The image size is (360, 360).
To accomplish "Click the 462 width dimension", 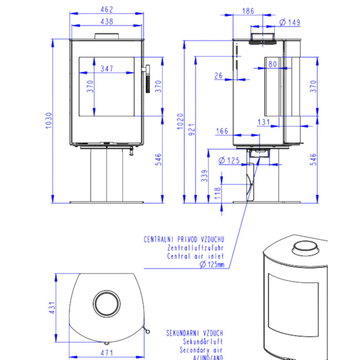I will click(x=106, y=10).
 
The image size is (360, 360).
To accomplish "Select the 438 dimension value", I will click(x=106, y=21).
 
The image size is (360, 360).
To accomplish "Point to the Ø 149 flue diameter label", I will click(x=290, y=22).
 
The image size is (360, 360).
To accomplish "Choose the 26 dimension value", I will click(x=218, y=76).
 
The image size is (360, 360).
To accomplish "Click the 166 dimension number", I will click(x=222, y=131).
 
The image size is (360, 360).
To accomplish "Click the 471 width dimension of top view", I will click(x=107, y=353).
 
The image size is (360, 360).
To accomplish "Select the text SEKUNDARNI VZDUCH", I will click(x=194, y=333).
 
